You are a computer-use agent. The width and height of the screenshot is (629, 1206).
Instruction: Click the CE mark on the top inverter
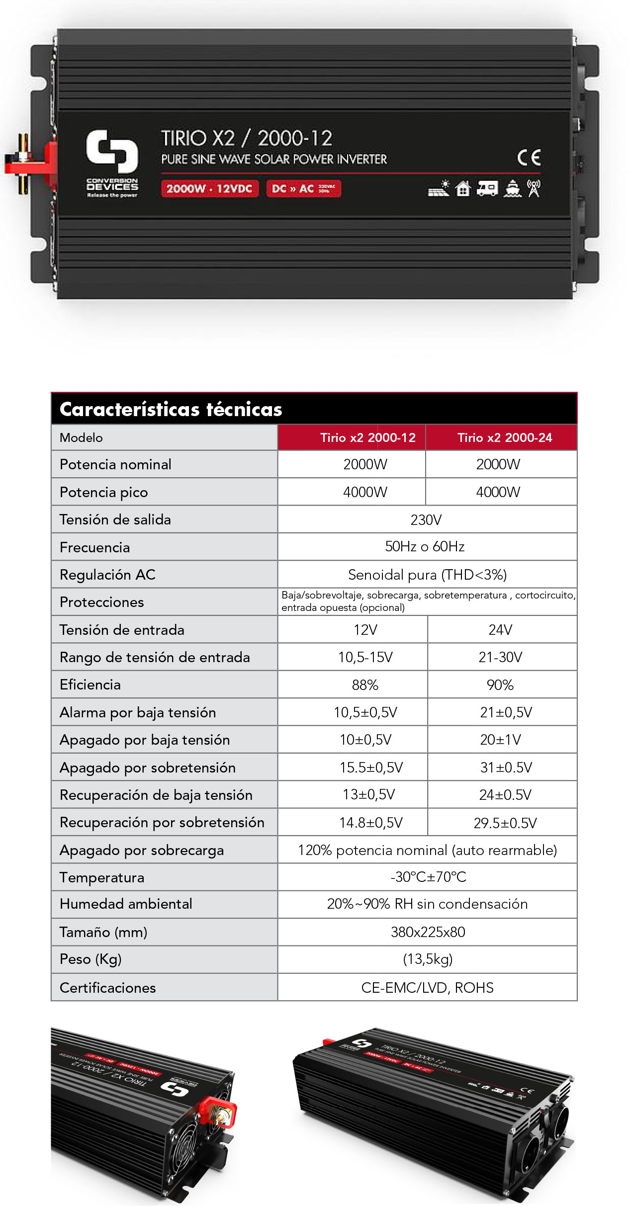pyautogui.click(x=529, y=158)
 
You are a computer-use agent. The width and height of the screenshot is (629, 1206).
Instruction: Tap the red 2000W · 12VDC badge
pyautogui.click(x=209, y=188)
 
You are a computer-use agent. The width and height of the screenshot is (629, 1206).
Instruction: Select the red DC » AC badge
pyautogui.click(x=303, y=188)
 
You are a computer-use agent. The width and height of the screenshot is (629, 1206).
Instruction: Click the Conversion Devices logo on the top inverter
pyautogui.click(x=112, y=162)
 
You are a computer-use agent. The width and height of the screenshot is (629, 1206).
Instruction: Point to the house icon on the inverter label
pyautogui.click(x=463, y=188)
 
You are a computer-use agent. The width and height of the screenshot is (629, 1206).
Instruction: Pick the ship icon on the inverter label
pyautogui.click(x=512, y=188)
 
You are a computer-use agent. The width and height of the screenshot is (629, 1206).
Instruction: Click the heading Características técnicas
pyautogui.click(x=171, y=409)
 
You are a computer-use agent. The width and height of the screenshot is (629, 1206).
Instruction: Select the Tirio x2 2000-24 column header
pyautogui.click(x=504, y=437)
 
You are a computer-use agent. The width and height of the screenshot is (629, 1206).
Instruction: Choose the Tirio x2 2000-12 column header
pyautogui.click(x=367, y=437)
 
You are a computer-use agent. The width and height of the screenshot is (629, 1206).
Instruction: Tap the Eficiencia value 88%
pyautogui.click(x=365, y=685)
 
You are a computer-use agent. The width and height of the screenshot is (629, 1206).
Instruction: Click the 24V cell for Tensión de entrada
pyautogui.click(x=500, y=630)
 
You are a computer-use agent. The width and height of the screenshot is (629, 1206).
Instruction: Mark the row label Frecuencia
pyautogui.click(x=94, y=547)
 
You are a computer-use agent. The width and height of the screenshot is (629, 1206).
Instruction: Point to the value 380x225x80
pyautogui.click(x=428, y=932)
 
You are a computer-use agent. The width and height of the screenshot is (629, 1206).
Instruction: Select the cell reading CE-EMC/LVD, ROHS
pyautogui.click(x=427, y=987)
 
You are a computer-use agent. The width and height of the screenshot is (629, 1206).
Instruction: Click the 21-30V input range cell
pyautogui.click(x=500, y=657)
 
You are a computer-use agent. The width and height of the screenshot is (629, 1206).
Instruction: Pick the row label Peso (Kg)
pyautogui.click(x=90, y=959)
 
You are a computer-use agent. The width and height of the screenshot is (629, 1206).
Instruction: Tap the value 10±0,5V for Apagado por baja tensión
pyautogui.click(x=365, y=740)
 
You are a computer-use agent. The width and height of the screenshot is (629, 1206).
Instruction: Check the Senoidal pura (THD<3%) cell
pyautogui.click(x=427, y=575)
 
